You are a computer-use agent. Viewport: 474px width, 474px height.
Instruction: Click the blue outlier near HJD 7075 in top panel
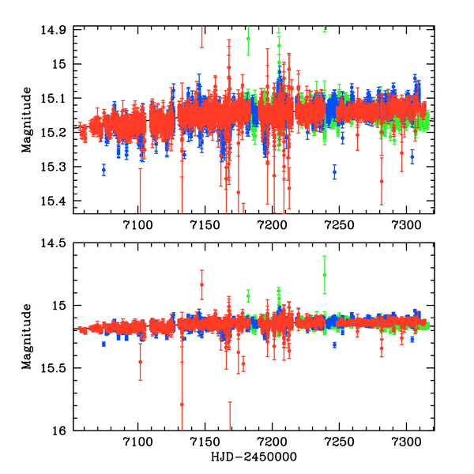(103, 170)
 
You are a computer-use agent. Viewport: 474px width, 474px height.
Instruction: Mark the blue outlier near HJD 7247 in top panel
(334, 171)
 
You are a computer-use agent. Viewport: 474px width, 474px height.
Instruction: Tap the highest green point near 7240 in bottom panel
(325, 274)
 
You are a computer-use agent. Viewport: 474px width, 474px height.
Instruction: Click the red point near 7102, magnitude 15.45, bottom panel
(140, 362)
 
